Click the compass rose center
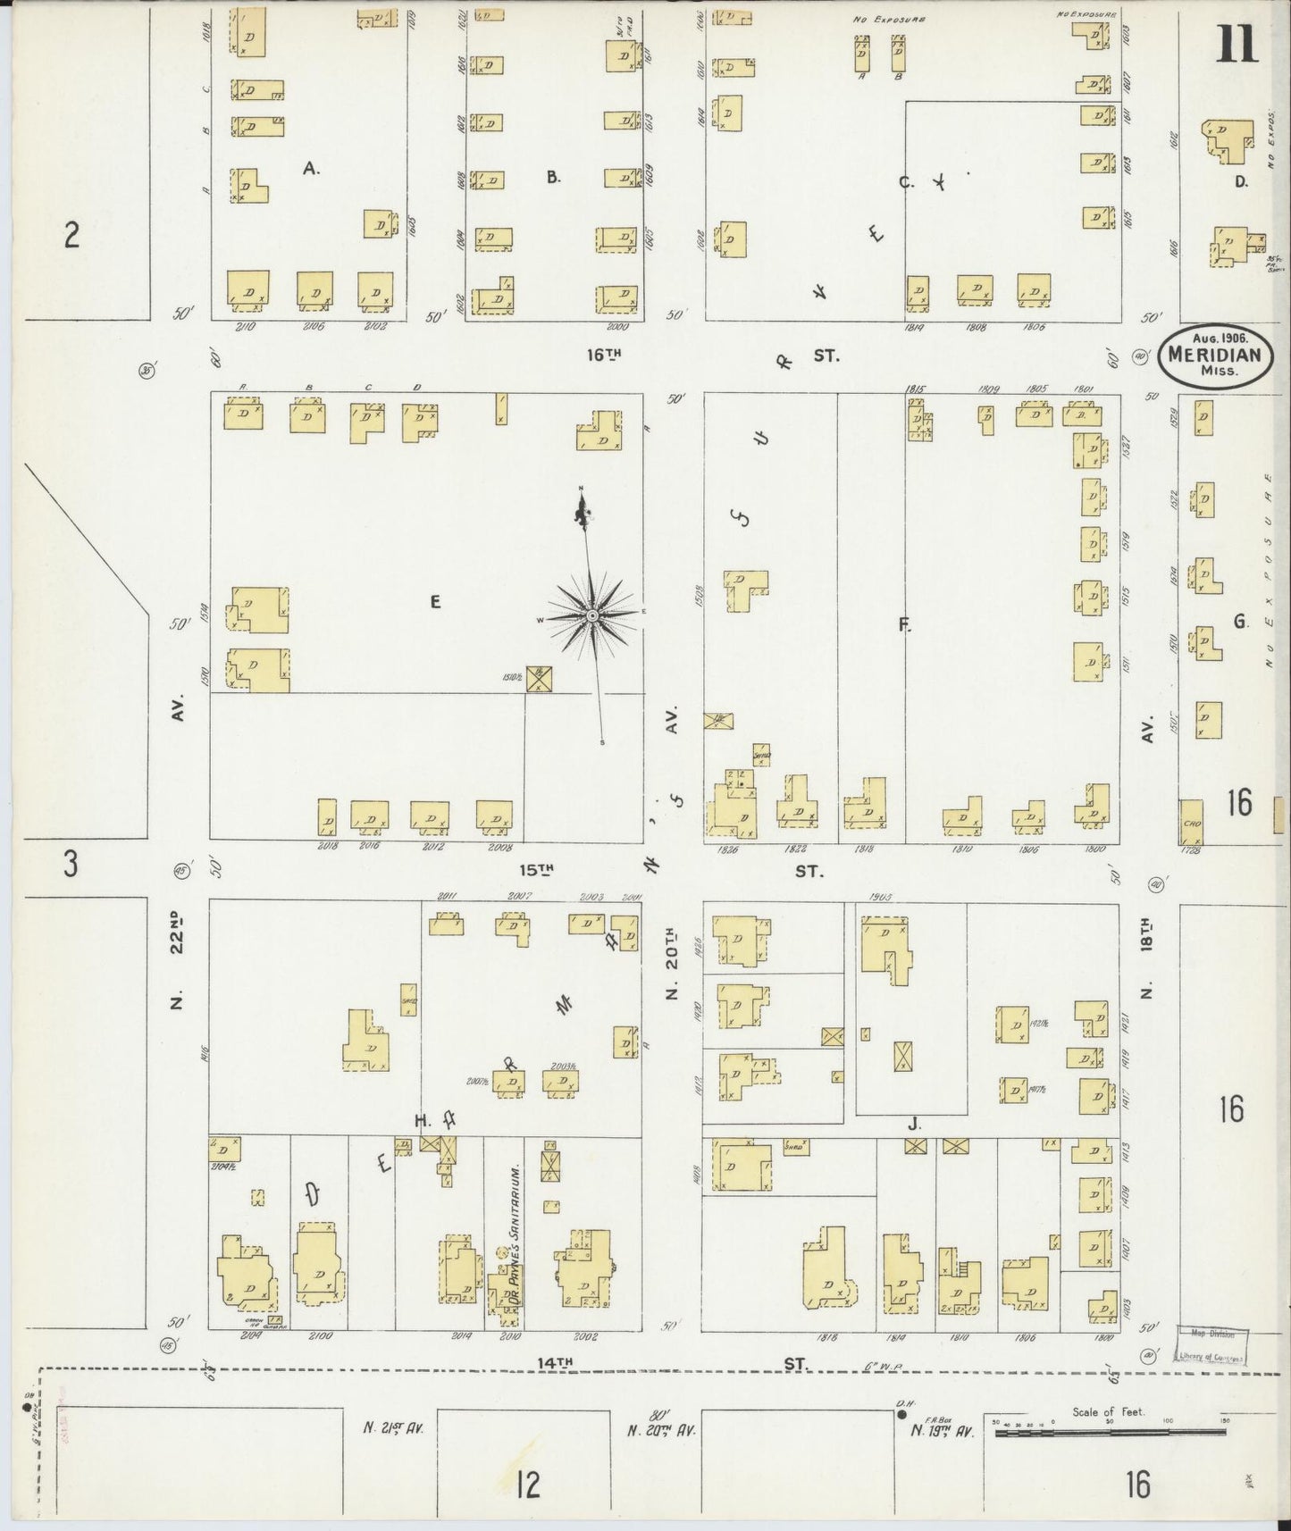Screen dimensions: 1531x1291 coord(591,616)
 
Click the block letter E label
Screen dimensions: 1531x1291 coord(435,602)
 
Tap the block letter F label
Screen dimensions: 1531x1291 coord(904,625)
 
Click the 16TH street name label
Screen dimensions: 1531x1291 coord(603,355)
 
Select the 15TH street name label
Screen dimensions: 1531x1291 coord(538,868)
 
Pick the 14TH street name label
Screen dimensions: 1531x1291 coord(554,1362)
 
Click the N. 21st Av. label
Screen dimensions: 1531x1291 coord(393,1428)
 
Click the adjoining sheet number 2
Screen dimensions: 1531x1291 coord(71,236)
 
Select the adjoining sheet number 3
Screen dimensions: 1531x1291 coord(70,865)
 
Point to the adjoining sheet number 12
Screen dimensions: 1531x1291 coord(528,1486)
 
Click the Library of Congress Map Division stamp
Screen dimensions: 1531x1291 coord(1211,1346)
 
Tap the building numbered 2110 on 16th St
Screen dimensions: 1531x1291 coord(247,289)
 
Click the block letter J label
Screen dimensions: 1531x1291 coord(913,1125)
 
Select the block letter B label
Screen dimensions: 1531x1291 coord(553,178)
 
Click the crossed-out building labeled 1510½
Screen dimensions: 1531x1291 coord(539,679)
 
